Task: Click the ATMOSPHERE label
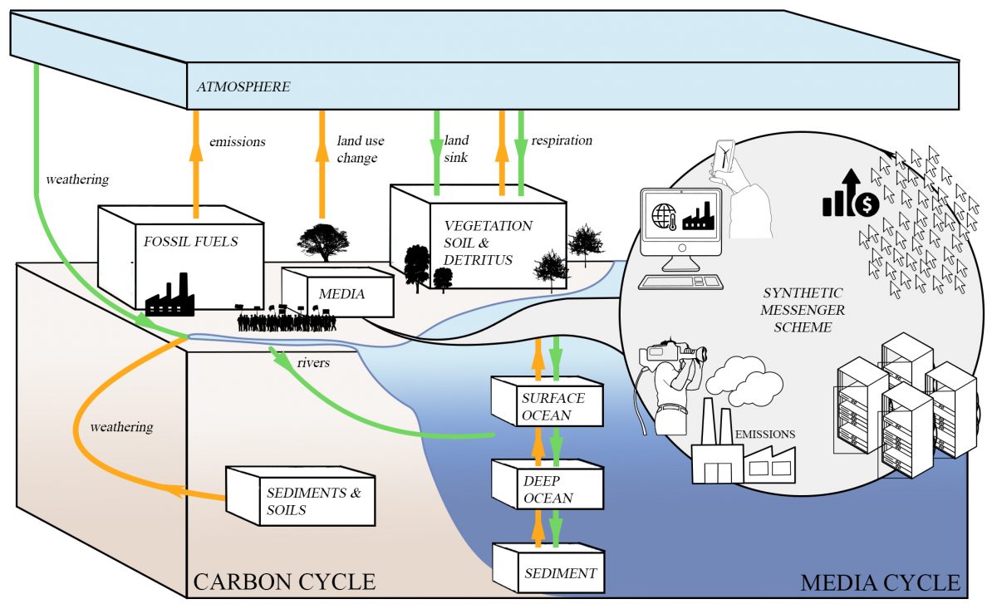pos(243,86)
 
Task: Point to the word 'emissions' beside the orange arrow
pos(238,141)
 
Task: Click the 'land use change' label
pos(360,149)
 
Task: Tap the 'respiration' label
pos(562,140)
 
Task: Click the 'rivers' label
pos(312,362)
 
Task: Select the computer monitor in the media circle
pos(680,216)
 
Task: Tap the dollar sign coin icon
pos(867,204)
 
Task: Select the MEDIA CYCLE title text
pos(880,582)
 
